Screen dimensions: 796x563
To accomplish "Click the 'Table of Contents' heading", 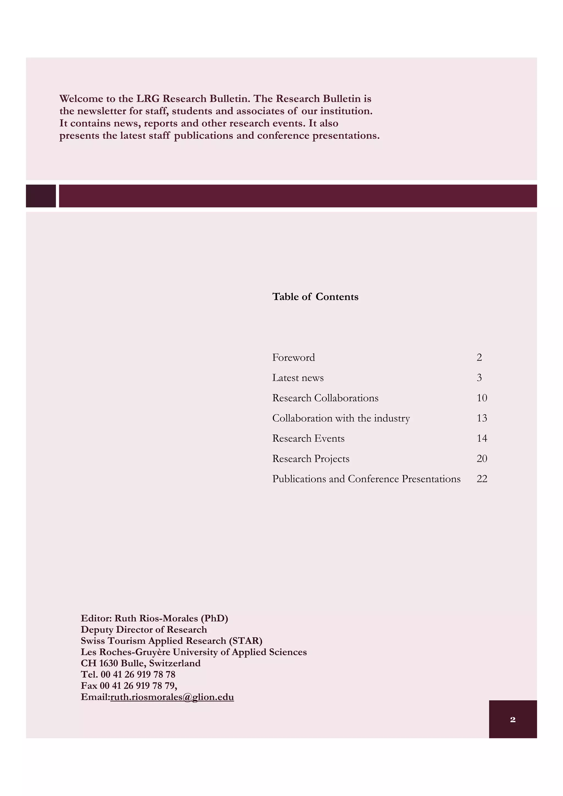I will [315, 297].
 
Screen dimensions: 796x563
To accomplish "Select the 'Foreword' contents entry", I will [294, 357].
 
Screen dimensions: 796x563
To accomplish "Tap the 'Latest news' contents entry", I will [298, 378].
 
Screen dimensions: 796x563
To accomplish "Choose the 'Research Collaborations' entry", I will [325, 398].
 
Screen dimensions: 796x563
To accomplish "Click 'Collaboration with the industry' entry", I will [341, 418].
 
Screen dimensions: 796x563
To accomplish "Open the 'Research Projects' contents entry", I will [310, 459].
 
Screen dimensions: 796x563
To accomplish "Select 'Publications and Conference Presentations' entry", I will [366, 479].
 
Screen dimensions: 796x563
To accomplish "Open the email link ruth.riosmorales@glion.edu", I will [172, 697].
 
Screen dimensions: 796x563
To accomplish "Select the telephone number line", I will [128, 674].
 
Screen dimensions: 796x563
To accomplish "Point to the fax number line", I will [129, 685].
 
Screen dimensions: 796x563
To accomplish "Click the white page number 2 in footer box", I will [513, 720].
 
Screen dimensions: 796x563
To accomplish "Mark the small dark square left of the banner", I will [41, 196].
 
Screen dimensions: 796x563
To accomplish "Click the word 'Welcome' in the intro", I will [81, 99].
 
